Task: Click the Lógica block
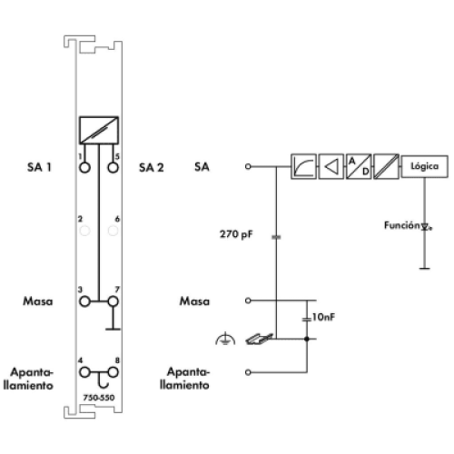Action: (424, 166)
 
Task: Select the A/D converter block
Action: (359, 166)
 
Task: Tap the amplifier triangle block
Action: (331, 166)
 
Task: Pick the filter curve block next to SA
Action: (303, 166)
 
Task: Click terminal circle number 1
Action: (84, 167)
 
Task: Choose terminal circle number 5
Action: (113, 167)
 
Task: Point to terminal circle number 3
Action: (84, 301)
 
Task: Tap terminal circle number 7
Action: (113, 301)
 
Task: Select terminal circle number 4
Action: (84, 372)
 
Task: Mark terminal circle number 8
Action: (113, 372)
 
